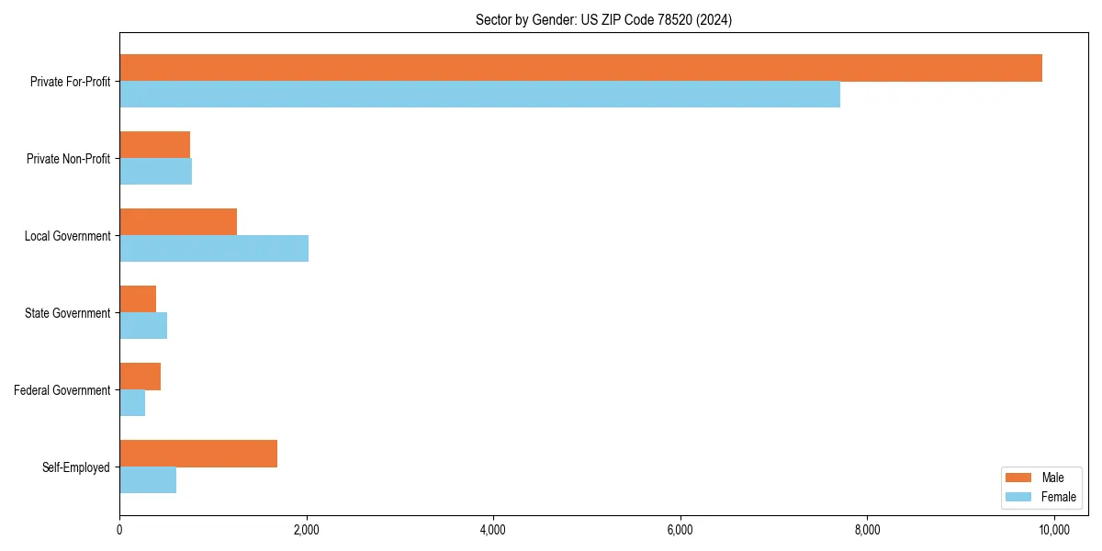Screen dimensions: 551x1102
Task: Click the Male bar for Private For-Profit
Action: [x=580, y=68]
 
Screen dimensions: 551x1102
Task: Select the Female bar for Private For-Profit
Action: [x=479, y=95]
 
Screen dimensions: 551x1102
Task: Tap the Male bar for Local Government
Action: [x=178, y=222]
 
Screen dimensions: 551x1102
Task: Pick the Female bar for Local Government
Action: [x=214, y=249]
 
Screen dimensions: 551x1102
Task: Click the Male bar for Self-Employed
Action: [x=198, y=454]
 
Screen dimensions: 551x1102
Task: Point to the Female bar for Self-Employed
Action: [x=148, y=480]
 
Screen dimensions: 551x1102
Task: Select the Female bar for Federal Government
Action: [x=132, y=403]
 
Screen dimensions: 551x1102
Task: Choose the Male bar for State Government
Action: [x=138, y=299]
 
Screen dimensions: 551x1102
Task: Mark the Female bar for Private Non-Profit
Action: [x=155, y=172]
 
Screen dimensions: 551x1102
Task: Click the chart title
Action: [x=603, y=19]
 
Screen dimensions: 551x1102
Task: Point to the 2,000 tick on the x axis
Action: [x=306, y=530]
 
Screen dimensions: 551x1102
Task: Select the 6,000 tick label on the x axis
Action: [x=680, y=530]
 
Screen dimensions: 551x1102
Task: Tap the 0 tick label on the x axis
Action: [x=119, y=530]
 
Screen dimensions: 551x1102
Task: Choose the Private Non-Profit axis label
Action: [x=68, y=159]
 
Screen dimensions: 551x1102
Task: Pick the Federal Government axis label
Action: [x=62, y=390]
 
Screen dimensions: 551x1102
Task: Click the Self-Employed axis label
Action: [x=76, y=467]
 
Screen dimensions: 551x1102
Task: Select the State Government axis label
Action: [x=68, y=313]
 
